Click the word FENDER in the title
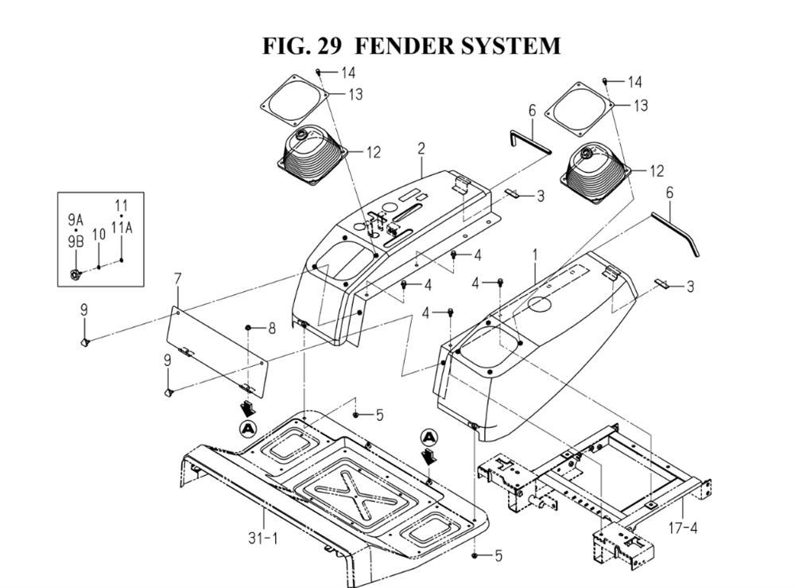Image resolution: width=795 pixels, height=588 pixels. [x=403, y=45]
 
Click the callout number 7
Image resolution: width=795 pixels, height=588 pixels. [x=177, y=278]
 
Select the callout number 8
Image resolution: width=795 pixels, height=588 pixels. [x=272, y=329]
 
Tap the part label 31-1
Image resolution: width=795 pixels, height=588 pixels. [x=263, y=538]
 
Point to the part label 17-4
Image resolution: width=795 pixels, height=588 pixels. [x=682, y=528]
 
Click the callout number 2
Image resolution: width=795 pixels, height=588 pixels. [x=421, y=149]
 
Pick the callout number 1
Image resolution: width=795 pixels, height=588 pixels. [x=535, y=255]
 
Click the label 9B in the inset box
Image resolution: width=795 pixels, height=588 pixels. [x=76, y=242]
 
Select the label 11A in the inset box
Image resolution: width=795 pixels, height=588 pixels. [x=122, y=228]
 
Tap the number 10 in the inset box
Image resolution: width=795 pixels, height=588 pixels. [x=99, y=235]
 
